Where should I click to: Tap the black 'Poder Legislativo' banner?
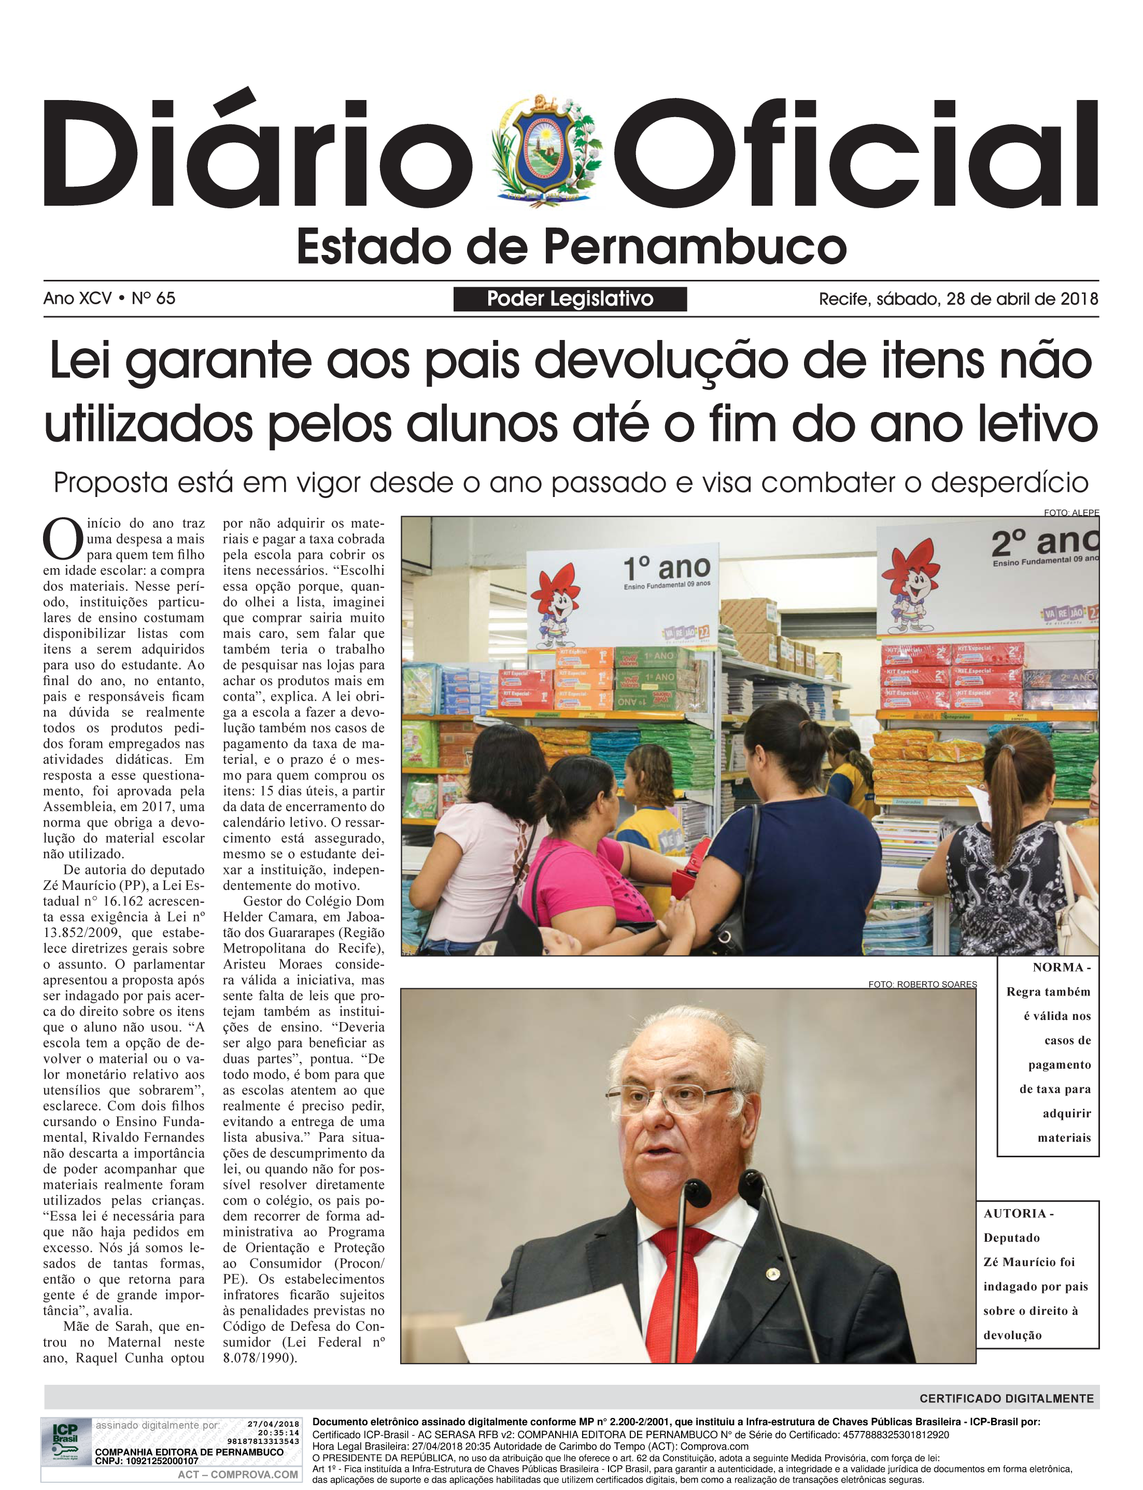570,299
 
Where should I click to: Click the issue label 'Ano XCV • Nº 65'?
109,299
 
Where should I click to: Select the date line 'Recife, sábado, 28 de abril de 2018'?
958,299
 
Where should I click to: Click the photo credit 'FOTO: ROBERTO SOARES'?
922,984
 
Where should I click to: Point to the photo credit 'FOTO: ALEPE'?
1071,513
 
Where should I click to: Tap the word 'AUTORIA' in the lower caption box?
1014,1213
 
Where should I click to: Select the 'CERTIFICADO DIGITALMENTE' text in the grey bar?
1006,1398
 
